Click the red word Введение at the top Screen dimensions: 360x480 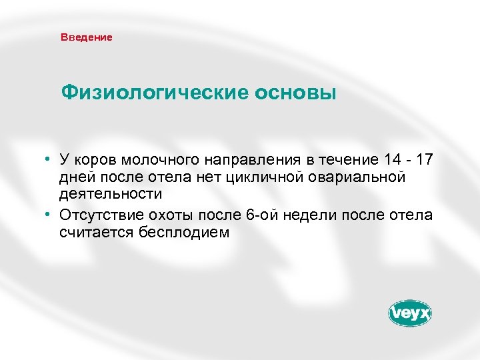click(87, 37)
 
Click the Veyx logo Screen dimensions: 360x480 click(409, 313)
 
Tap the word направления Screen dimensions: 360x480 click(242, 161)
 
